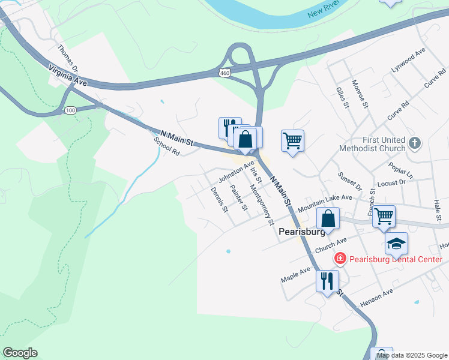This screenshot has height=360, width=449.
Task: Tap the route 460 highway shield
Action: click(x=224, y=73)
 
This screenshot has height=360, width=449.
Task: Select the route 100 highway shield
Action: click(x=70, y=110)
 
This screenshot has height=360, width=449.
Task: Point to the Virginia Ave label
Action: click(x=67, y=76)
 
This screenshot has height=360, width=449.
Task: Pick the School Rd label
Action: click(x=167, y=146)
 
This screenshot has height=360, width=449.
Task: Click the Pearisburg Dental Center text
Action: click(x=396, y=259)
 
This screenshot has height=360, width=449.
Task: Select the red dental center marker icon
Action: click(x=340, y=259)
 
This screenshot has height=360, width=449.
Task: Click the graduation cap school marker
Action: click(x=396, y=244)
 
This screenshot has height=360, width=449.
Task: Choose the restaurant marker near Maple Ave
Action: click(x=327, y=280)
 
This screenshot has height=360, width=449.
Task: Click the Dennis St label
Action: click(x=220, y=200)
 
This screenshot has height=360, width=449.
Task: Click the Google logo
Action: click(x=20, y=353)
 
